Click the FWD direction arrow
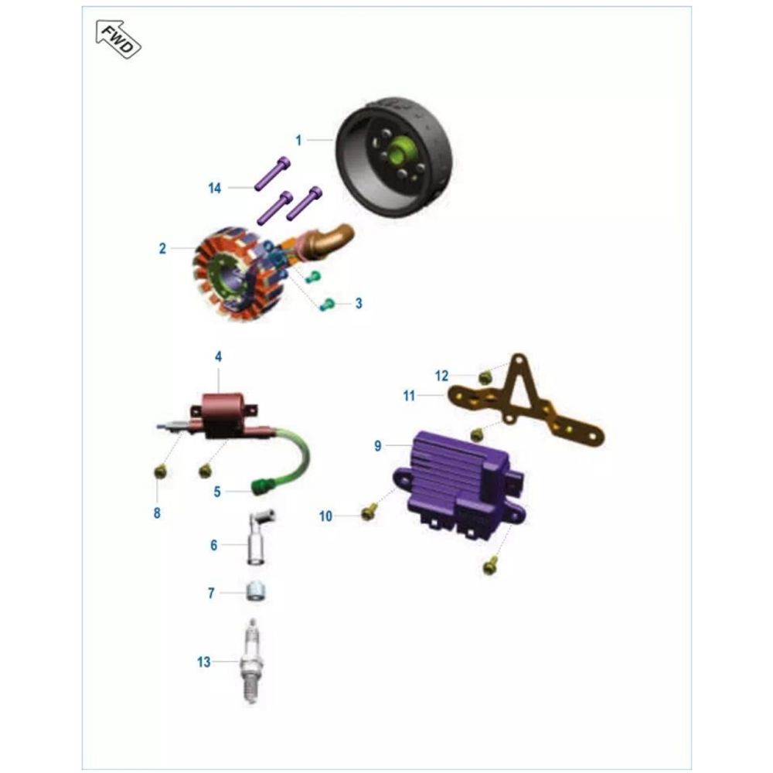[x=118, y=39]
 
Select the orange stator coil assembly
[x=237, y=271]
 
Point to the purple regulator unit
[x=459, y=481]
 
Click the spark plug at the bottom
[x=251, y=662]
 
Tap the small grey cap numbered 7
[x=256, y=591]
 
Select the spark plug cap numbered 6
[x=259, y=538]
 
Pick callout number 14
[x=214, y=189]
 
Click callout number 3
[x=359, y=303]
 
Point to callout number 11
[x=409, y=396]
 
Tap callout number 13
[x=203, y=662]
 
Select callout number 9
[x=378, y=446]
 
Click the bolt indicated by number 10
[x=369, y=512]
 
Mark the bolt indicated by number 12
[x=485, y=378]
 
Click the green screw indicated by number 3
[x=327, y=304]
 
